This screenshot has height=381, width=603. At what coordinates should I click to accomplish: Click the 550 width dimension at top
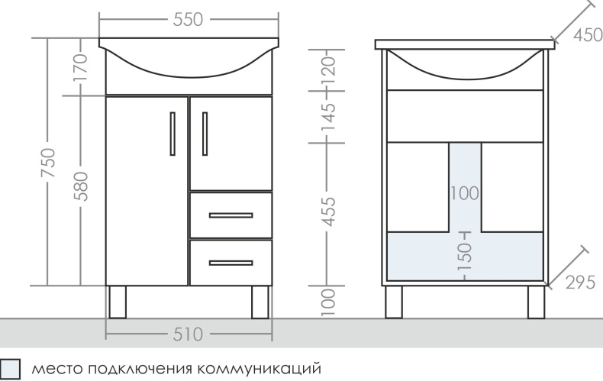click(x=189, y=21)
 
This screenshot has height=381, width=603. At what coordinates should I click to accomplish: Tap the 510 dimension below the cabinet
click(x=189, y=334)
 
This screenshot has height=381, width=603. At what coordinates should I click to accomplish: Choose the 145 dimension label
click(x=327, y=118)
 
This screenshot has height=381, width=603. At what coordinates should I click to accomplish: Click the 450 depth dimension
click(x=587, y=36)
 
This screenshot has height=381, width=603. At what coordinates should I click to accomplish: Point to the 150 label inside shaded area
click(x=466, y=260)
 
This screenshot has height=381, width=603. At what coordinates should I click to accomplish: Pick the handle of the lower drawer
click(x=230, y=264)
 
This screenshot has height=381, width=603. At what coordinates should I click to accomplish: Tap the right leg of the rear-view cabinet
click(x=535, y=302)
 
